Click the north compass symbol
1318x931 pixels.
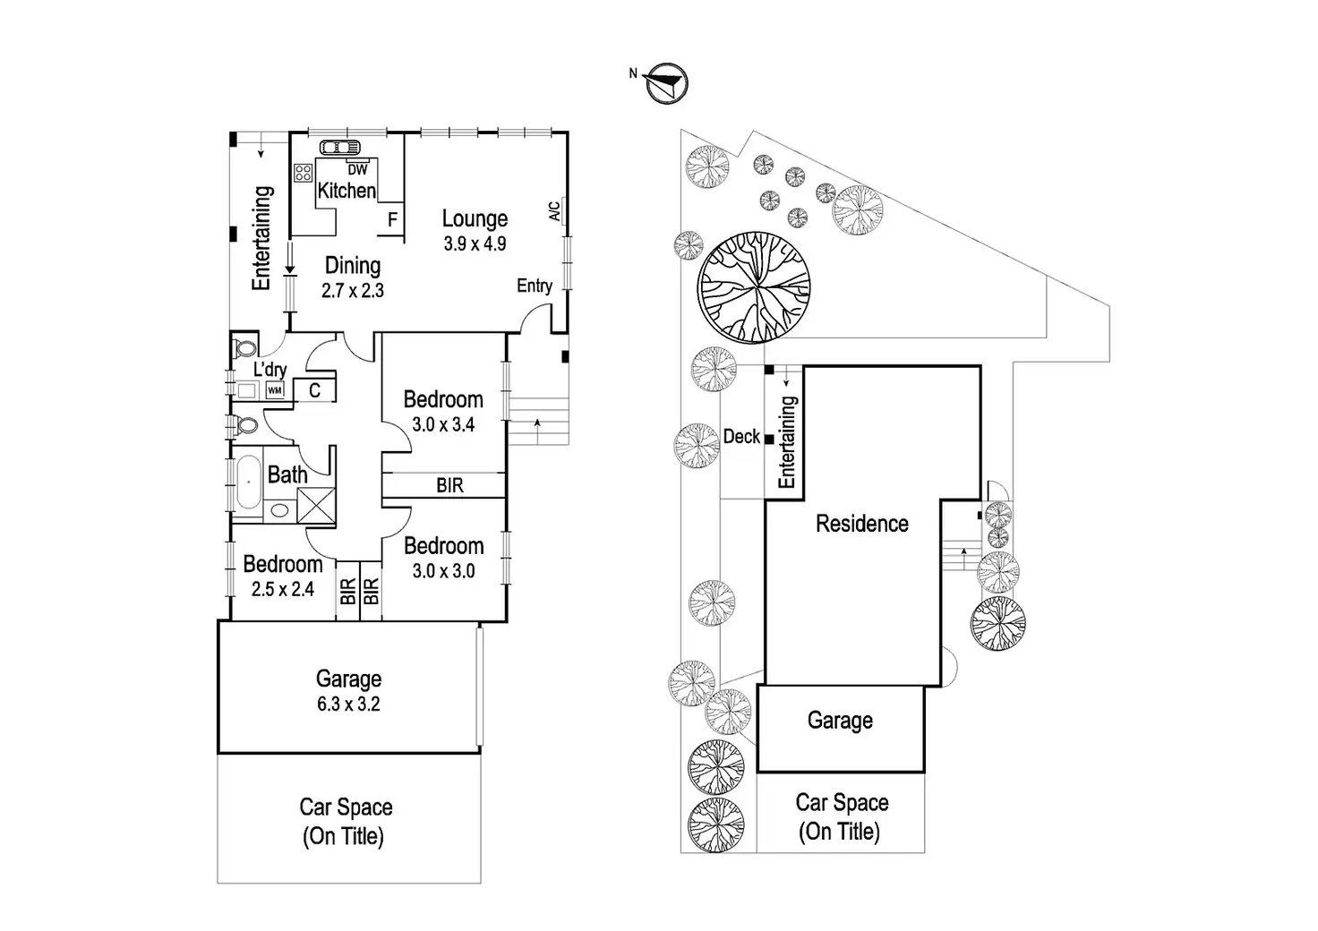tap(667, 83)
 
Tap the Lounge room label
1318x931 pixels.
tap(475, 218)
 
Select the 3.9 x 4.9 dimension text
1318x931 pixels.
tap(475, 243)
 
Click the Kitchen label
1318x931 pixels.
tap(347, 191)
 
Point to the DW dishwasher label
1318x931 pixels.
tap(357, 170)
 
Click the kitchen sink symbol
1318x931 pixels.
tap(338, 149)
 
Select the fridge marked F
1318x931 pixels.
tap(392, 220)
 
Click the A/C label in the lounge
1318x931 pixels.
tap(554, 211)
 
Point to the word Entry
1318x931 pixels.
tap(534, 286)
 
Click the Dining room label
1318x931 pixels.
tap(352, 266)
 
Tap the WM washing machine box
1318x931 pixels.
tap(275, 391)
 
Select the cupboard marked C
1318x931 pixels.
tap(314, 390)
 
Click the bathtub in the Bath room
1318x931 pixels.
tap(247, 483)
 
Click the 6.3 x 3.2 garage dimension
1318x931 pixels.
tap(348, 705)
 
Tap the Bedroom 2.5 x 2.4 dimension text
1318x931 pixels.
tap(283, 589)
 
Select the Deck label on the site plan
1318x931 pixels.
tap(741, 437)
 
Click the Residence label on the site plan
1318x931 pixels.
tap(861, 524)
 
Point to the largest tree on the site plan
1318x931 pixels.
tap(754, 289)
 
